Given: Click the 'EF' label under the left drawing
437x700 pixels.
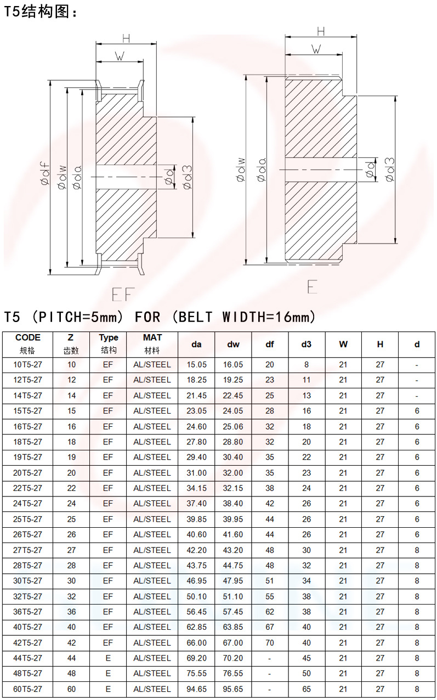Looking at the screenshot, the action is coord(123,294).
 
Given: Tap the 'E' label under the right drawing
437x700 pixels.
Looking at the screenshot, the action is coord(313,286).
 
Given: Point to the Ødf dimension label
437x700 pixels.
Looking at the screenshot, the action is coord(46,173).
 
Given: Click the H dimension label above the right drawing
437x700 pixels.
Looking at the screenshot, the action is coord(321,32).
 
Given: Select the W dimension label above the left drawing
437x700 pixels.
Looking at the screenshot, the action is coord(120,57).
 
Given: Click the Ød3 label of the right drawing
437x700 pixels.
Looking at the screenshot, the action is coord(390,170).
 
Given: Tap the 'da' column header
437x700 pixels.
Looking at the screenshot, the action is coord(196,345).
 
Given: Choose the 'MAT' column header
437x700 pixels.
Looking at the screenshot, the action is coord(152,337).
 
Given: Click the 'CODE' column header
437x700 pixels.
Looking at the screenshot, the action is coord(28,337).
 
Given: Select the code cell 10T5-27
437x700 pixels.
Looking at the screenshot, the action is coord(27,365).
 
